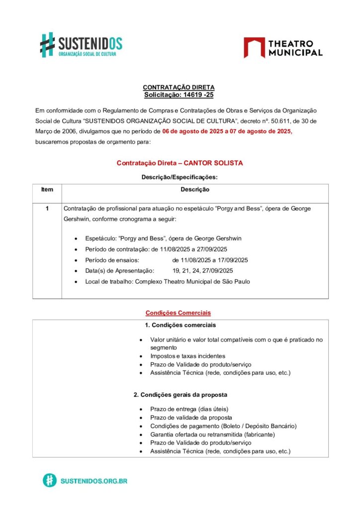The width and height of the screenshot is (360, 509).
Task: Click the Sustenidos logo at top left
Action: [81, 45]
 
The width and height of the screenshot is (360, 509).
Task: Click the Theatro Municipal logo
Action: [282, 47]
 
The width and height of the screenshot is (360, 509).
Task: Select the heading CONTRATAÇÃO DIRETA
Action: [179, 87]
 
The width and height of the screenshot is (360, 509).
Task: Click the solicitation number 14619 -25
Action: [197, 94]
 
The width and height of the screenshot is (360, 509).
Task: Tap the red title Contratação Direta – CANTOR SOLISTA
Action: [180, 163]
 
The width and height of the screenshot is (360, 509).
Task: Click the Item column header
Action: [47, 190]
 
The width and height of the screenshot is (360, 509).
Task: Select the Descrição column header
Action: [195, 190]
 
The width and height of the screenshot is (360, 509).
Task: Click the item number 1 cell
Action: [47, 209]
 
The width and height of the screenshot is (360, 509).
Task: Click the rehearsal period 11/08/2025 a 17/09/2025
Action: [210, 260]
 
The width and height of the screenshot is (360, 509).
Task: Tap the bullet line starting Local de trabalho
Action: [167, 281]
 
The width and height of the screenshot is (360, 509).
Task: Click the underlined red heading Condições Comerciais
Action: [178, 313]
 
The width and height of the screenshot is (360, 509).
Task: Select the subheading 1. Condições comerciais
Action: [180, 325]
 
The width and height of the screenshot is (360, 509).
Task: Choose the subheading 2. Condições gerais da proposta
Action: [180, 395]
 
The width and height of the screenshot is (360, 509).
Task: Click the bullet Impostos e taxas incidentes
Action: [187, 356]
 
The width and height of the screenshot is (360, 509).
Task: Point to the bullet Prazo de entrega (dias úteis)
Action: [189, 409]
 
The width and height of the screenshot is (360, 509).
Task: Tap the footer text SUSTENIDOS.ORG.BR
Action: [93, 481]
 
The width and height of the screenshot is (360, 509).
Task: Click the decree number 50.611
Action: [270, 121]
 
